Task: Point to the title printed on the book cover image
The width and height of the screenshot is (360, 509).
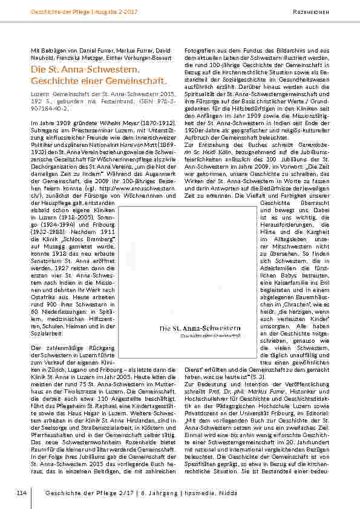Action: pos(200,328)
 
